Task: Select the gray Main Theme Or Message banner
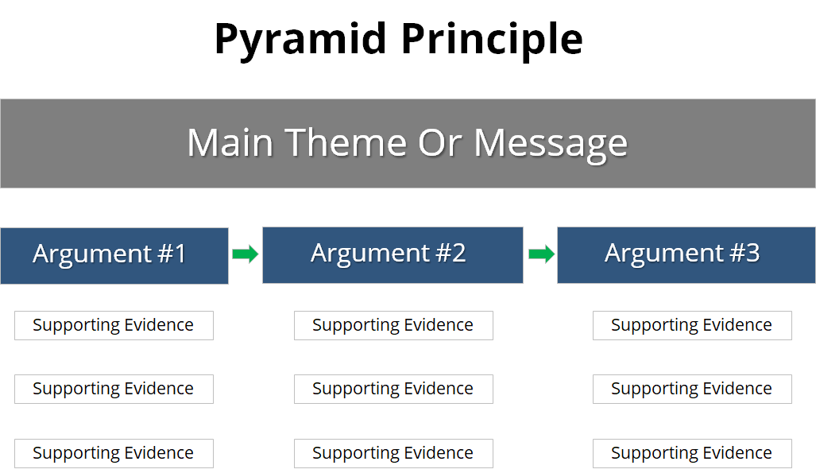pyautogui.click(x=408, y=143)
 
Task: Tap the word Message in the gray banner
pyautogui.click(x=551, y=143)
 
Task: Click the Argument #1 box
pyautogui.click(x=114, y=255)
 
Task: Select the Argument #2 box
pyautogui.click(x=393, y=254)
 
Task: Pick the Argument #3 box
pyautogui.click(x=686, y=254)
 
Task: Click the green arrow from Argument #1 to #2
pyautogui.click(x=245, y=254)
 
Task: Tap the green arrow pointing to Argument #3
pyautogui.click(x=541, y=254)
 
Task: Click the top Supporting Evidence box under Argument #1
pyautogui.click(x=114, y=325)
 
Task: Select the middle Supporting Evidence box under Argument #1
pyautogui.click(x=114, y=389)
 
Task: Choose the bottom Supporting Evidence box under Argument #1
pyautogui.click(x=114, y=453)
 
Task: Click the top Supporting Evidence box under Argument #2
pyautogui.click(x=393, y=325)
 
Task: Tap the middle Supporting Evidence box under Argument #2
pyautogui.click(x=393, y=389)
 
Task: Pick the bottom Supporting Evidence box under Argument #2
pyautogui.click(x=393, y=453)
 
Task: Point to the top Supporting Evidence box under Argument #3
pyautogui.click(x=692, y=325)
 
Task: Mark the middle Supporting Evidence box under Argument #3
pyautogui.click(x=692, y=389)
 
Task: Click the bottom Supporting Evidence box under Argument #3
pyautogui.click(x=692, y=453)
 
